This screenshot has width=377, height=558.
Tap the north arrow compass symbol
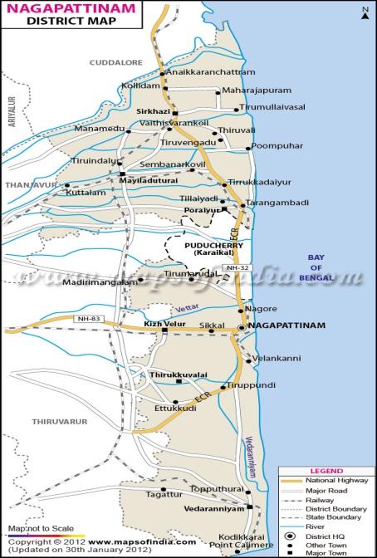364,12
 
